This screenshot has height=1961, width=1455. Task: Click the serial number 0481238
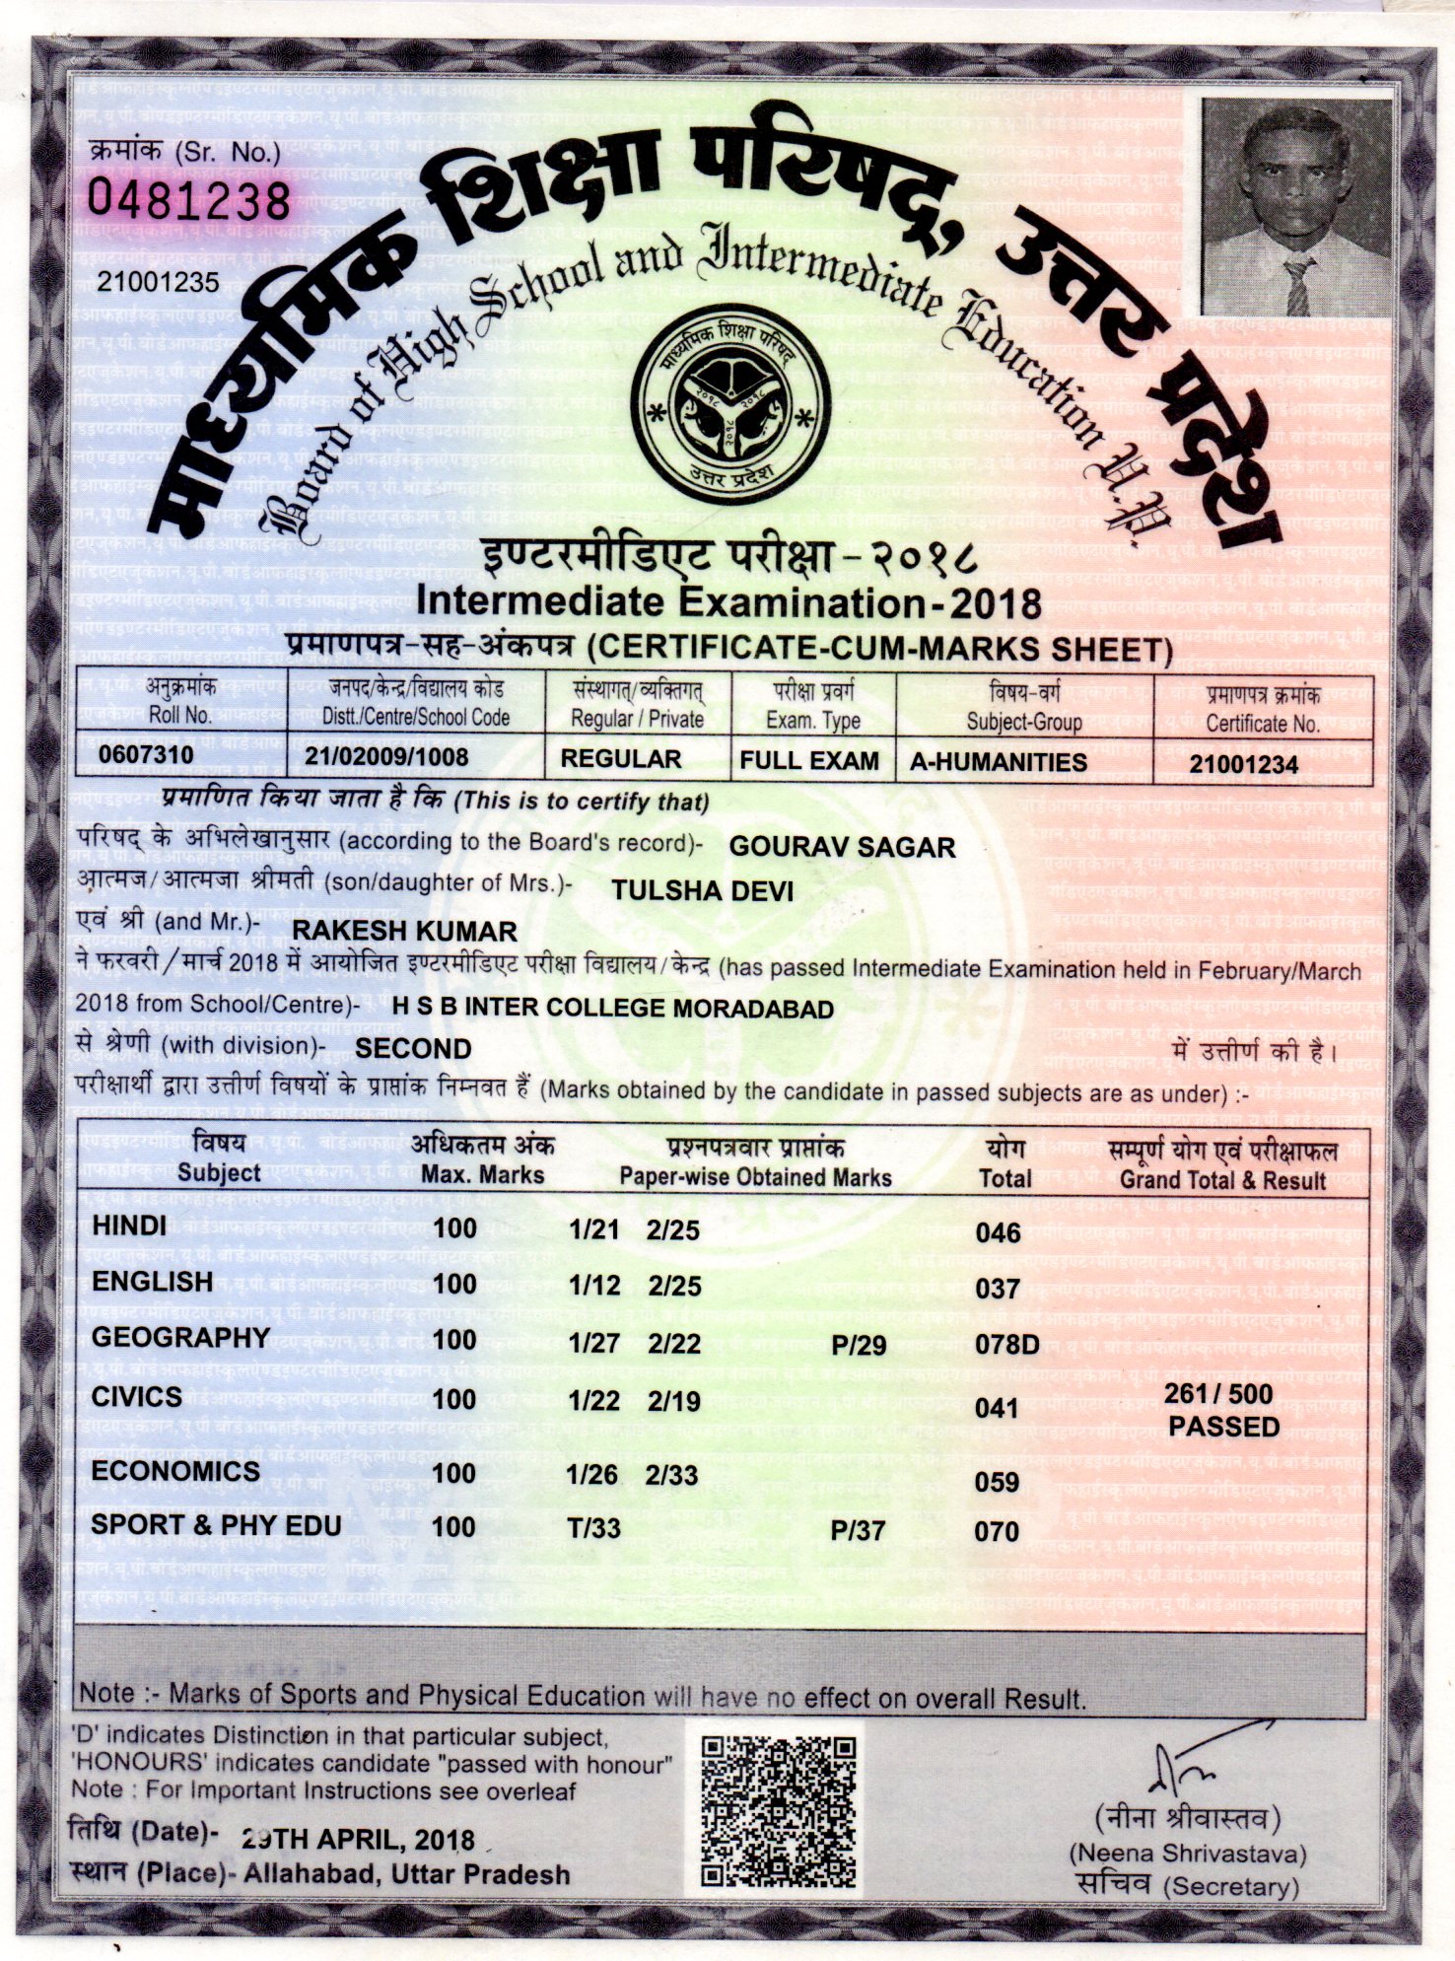click(189, 201)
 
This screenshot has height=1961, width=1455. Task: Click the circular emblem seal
click(727, 405)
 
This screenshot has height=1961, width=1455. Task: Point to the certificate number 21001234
click(1243, 764)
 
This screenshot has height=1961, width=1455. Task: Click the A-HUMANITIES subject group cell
click(998, 762)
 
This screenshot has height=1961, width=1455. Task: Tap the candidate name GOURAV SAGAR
click(842, 847)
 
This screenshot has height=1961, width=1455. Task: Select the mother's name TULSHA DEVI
click(702, 890)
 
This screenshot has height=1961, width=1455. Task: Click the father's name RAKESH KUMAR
click(405, 932)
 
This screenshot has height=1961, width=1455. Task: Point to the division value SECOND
click(413, 1048)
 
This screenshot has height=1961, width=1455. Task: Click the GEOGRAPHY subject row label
click(180, 1338)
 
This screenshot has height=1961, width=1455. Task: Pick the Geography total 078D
click(1006, 1345)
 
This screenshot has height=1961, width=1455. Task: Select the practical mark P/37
click(858, 1531)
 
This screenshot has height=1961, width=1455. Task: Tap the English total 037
click(997, 1288)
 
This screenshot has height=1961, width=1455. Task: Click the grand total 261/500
click(1218, 1394)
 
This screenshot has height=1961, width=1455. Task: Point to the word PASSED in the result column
click(1223, 1427)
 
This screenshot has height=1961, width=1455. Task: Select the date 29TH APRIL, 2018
click(358, 1840)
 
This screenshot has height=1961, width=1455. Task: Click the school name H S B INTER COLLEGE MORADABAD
click(612, 1009)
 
